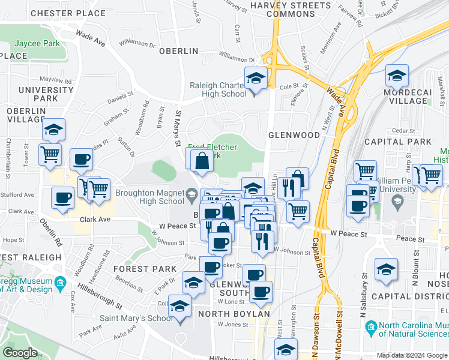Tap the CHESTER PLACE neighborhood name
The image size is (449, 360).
[x=68, y=13]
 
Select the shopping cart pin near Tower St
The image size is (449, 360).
[x=50, y=154]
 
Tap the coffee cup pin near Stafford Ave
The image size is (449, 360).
[x=62, y=198]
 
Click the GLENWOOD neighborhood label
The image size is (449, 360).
[x=294, y=135]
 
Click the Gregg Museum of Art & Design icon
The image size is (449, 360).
[x=60, y=282]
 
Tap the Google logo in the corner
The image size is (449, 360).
[x=20, y=353]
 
